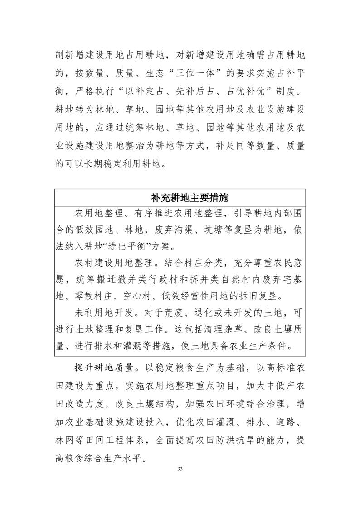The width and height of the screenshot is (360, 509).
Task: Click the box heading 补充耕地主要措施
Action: coord(180,198)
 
